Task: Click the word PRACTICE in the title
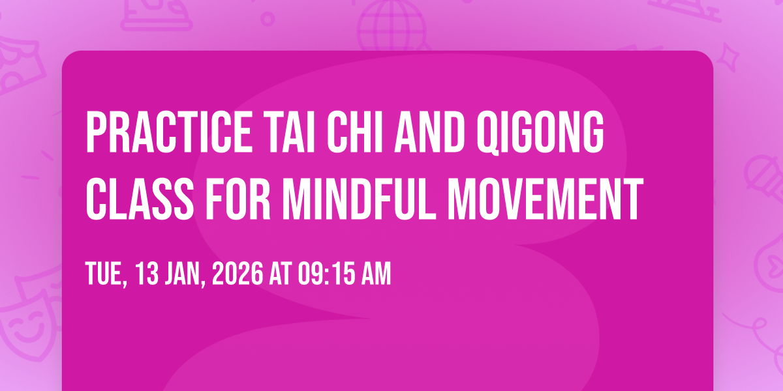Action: coord(169,132)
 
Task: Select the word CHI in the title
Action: coord(356,132)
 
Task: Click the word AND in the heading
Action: coord(429,132)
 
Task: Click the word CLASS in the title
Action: coord(140,199)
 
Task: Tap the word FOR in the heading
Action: coord(238,199)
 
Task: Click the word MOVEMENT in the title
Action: coord(545,199)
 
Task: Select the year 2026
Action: coord(238,274)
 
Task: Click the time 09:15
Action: coord(326,274)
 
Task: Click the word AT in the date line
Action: coord(281,274)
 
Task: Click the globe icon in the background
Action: coord(392,26)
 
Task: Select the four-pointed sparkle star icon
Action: coord(728,57)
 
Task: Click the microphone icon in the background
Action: coord(764,178)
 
